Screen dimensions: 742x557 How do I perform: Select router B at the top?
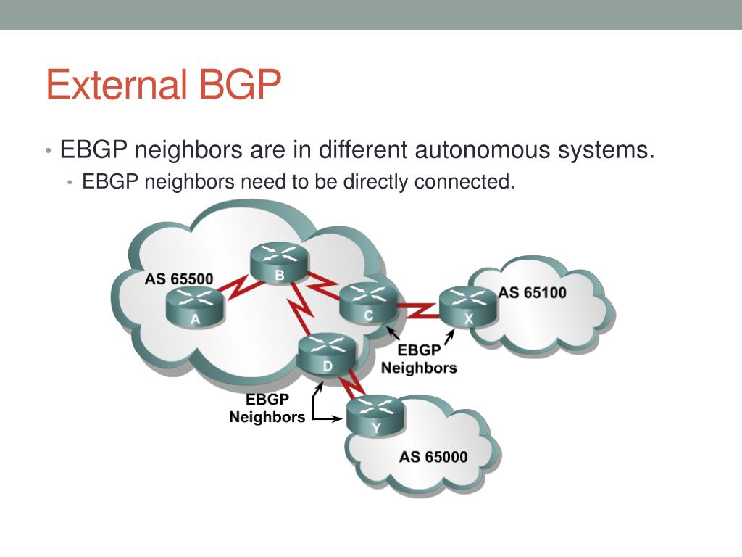[279, 263]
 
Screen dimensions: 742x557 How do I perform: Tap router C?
[368, 303]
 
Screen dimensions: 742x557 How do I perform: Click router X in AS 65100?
[468, 307]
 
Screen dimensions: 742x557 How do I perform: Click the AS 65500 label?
[179, 279]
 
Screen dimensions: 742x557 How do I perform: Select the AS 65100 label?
[533, 293]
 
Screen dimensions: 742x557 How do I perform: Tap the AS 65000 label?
[433, 457]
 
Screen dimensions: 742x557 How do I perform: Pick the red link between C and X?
[418, 310]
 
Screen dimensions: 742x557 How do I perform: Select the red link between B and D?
[302, 309]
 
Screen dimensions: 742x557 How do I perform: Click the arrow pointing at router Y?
[333, 418]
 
